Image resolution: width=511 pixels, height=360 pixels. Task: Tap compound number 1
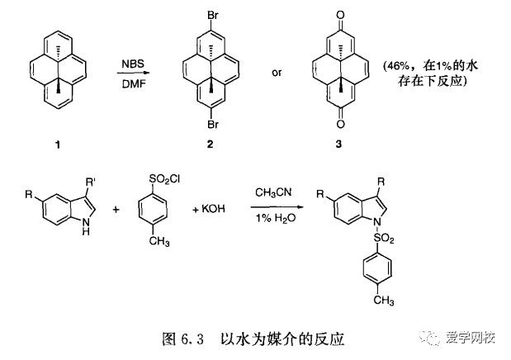(x=56, y=144)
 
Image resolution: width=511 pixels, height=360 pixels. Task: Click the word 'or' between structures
(x=277, y=73)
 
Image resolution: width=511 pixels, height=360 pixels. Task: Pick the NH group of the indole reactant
(x=85, y=232)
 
